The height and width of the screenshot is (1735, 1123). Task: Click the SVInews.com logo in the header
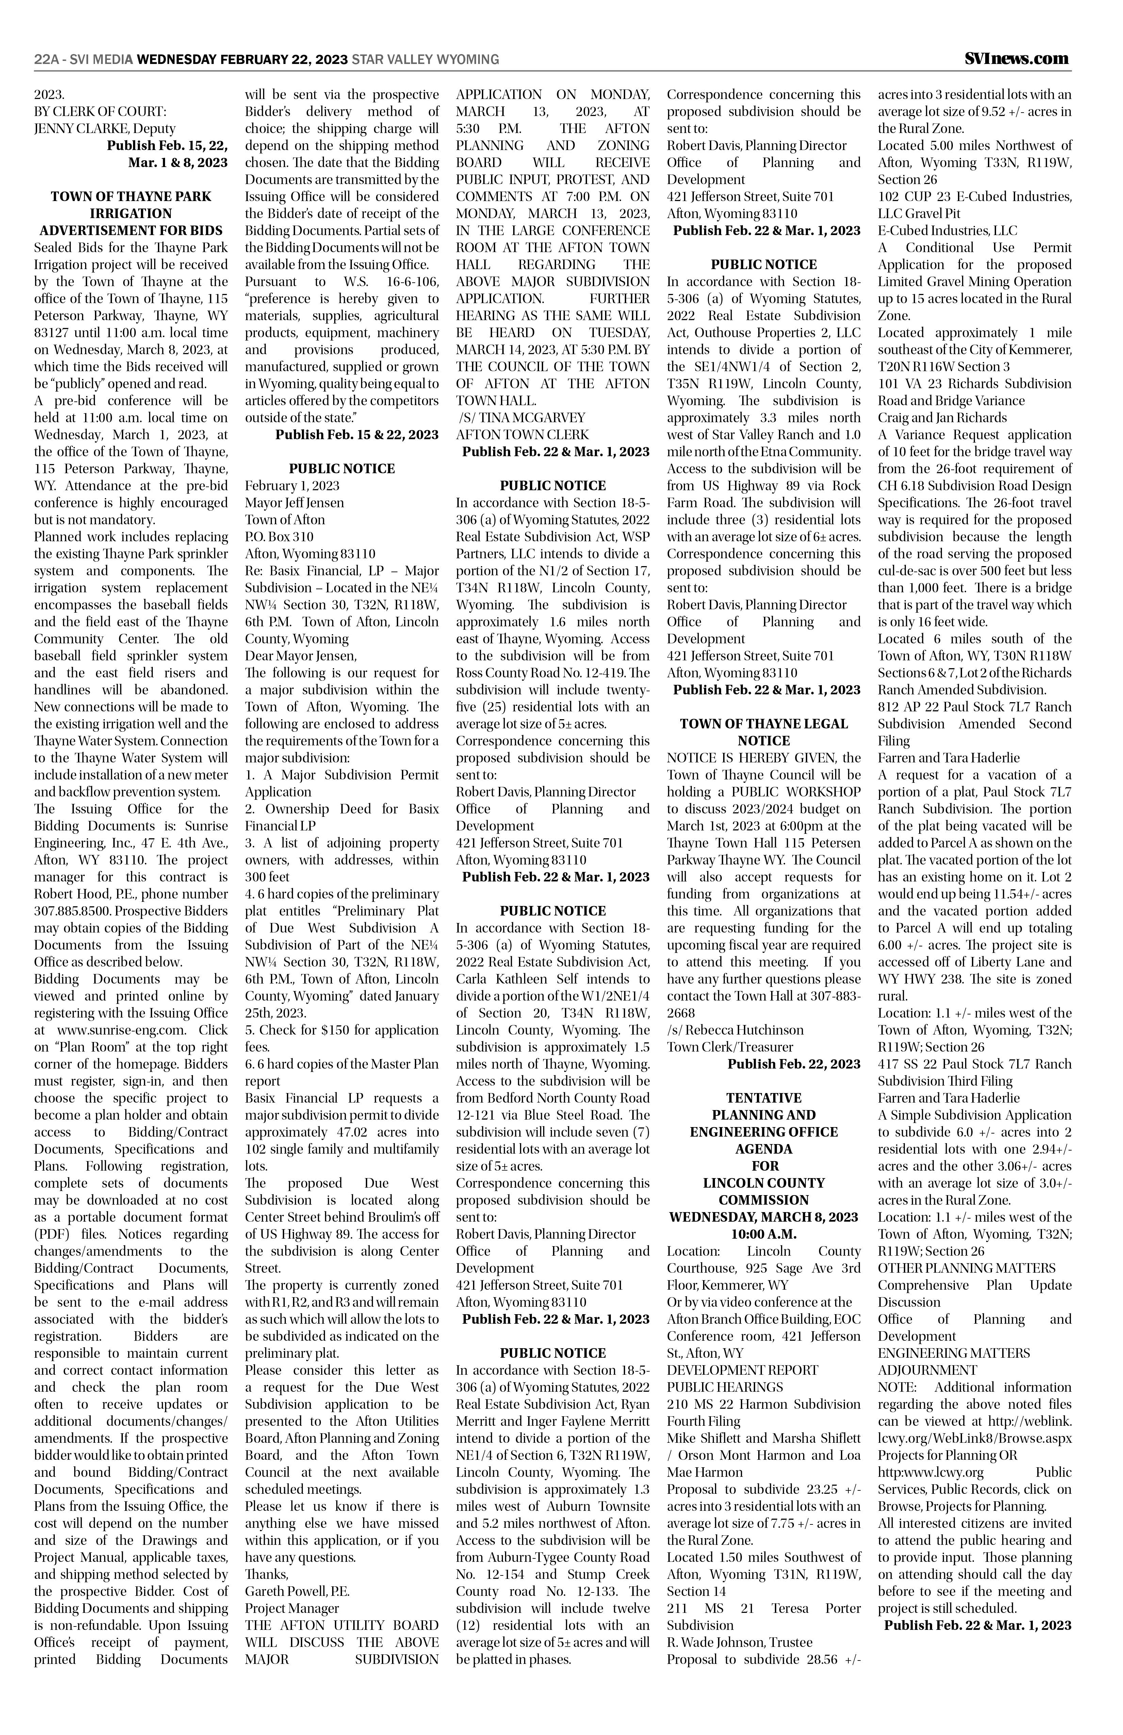point(1016,58)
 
